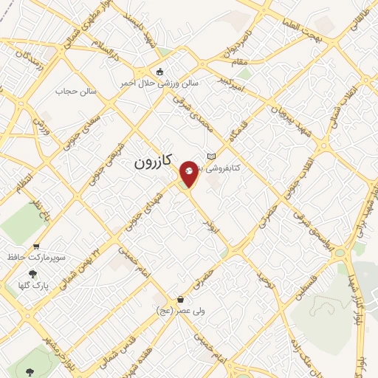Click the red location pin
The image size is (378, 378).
point(189,172)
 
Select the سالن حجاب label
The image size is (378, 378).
point(77,92)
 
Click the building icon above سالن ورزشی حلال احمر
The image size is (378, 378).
point(159,72)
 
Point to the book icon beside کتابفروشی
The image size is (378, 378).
point(212,157)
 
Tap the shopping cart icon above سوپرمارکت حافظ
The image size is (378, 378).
point(36,247)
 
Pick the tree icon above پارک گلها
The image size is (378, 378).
point(32,273)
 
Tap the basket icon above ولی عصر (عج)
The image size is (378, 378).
point(181,300)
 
